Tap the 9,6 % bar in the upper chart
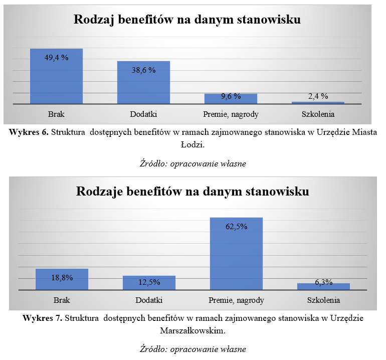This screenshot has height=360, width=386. click(x=230, y=99)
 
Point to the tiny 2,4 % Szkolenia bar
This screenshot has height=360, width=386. click(x=318, y=103)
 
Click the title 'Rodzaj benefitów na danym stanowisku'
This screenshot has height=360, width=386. click(x=187, y=20)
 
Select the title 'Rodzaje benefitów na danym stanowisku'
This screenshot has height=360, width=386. click(x=192, y=192)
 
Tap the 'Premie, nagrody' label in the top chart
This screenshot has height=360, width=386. click(x=231, y=114)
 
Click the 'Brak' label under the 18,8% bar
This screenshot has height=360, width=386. click(x=62, y=300)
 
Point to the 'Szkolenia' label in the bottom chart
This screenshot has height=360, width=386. click(x=323, y=300)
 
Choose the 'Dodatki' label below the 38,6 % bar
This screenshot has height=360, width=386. click(x=143, y=114)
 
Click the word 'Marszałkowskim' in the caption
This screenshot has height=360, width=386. click(x=192, y=330)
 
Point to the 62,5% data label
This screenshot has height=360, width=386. click(x=236, y=226)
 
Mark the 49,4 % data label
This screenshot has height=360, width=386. click(x=56, y=58)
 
